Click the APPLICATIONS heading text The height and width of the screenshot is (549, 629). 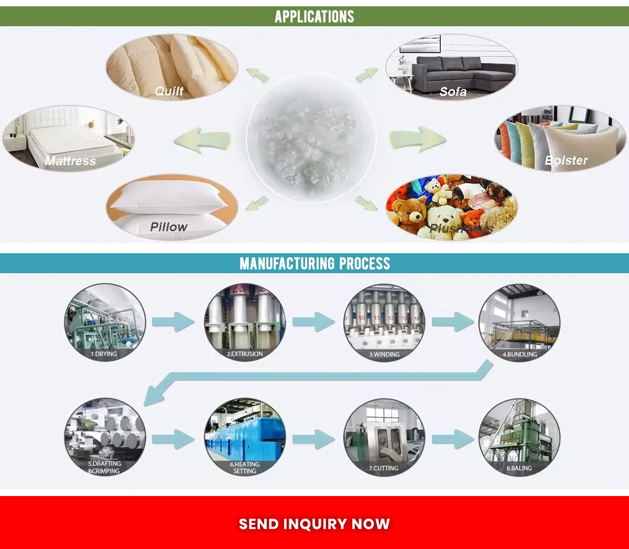pos(314,17)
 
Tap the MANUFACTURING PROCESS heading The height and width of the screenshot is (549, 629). pos(314,263)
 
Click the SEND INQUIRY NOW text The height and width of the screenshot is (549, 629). pos(314,524)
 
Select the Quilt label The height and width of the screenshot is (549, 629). pos(169,91)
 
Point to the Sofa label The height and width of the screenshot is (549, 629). pos(453,92)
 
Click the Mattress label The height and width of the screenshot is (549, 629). pos(70,161)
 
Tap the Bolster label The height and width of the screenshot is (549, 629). pos(566,160)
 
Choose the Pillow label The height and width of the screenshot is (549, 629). pos(168,227)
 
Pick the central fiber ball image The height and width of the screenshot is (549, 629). pos(311,137)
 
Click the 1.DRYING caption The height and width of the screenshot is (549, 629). pos(104,354)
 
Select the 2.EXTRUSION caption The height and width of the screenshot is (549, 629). pos(245,354)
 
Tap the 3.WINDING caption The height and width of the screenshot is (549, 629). pos(384,354)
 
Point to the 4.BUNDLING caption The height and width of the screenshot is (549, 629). pos(519,354)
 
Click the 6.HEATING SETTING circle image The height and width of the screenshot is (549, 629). pos(245,435)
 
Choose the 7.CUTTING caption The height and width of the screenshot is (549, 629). pos(384,468)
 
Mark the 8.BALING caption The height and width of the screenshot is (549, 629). pos(519,468)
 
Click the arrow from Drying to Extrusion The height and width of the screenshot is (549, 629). pos(173,321)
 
